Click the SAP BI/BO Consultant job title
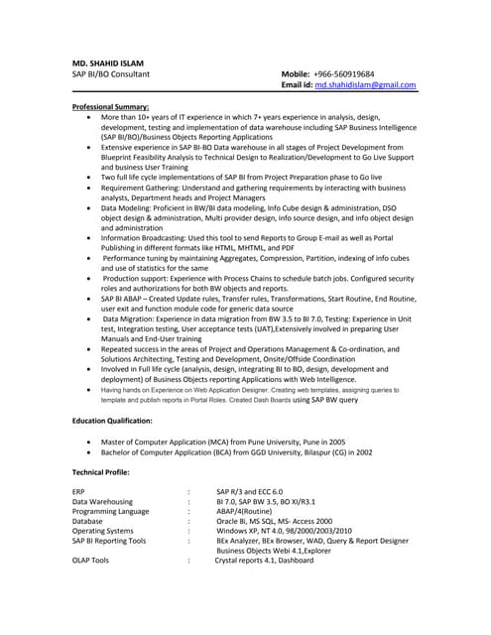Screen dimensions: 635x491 [111, 74]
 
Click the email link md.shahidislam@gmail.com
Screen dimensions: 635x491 [365, 86]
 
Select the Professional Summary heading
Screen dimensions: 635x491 [111, 105]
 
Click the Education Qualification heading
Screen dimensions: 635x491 [112, 421]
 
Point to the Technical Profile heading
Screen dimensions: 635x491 [100, 471]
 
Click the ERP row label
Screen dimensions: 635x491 [79, 491]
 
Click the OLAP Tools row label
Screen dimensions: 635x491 [91, 561]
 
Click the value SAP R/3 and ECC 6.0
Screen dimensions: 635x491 [249, 491]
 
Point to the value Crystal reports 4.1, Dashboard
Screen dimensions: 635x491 [264, 561]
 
